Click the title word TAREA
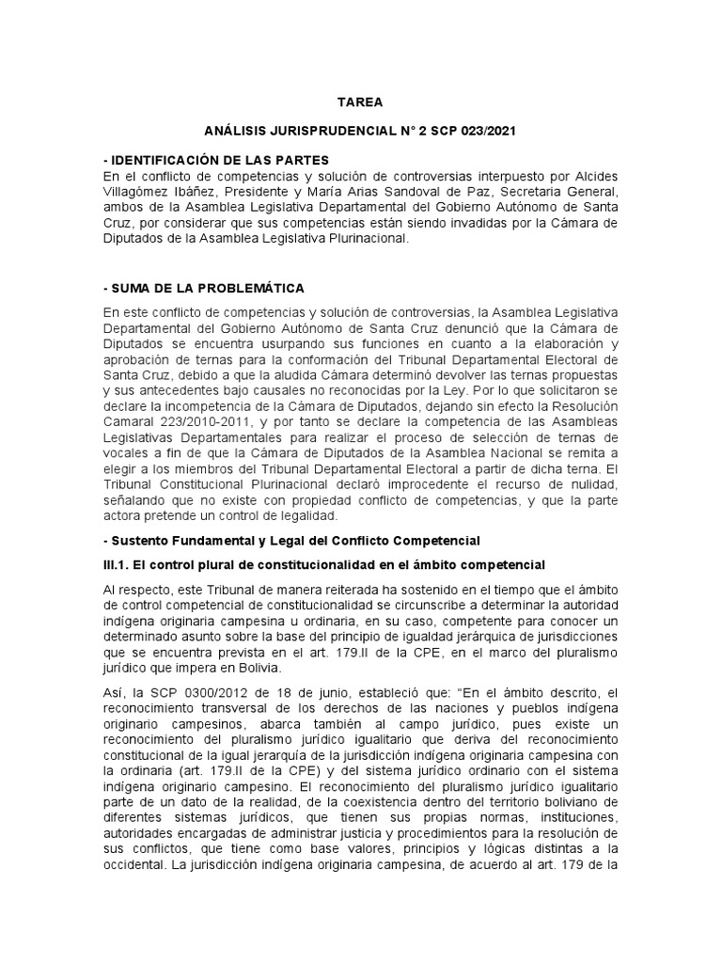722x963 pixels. click(x=360, y=103)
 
